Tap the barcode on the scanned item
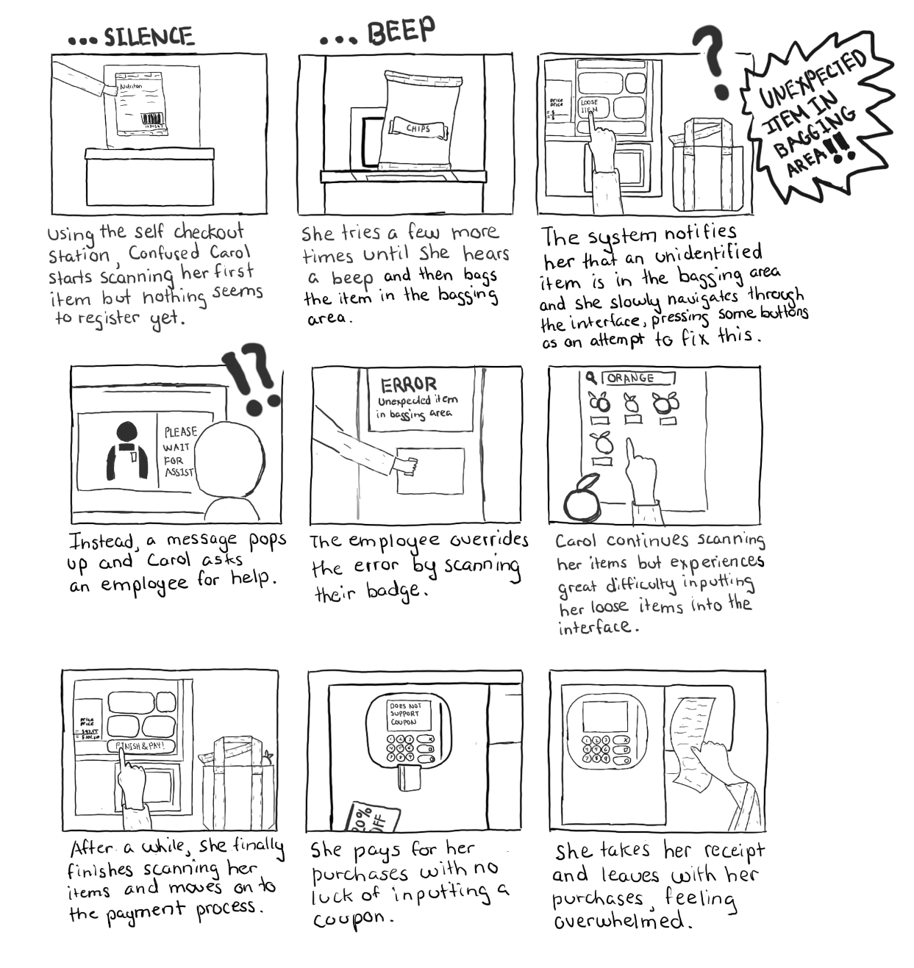(x=153, y=119)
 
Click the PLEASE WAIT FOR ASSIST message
(x=179, y=451)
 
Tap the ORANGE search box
(x=638, y=378)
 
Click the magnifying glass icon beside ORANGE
(x=590, y=378)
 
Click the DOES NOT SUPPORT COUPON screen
(x=404, y=714)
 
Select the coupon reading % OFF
(x=374, y=817)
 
